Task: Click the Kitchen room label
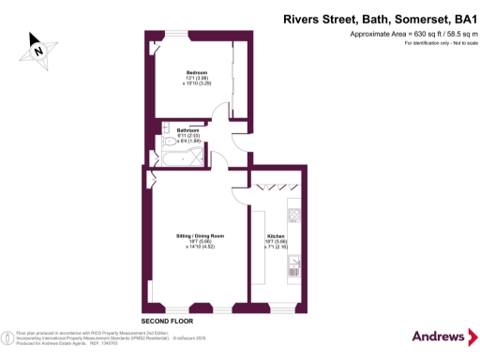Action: [x=276, y=234]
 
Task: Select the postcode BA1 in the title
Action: [x=458, y=19]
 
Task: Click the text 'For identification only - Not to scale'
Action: [x=431, y=43]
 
